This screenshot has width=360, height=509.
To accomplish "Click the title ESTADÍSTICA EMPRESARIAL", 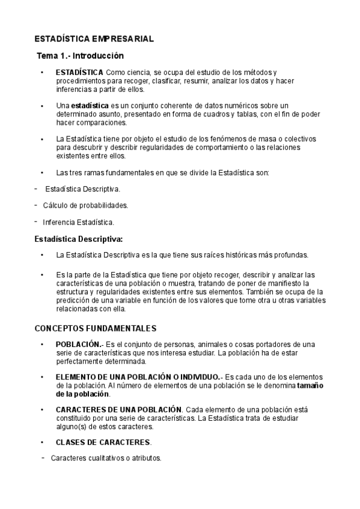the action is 94,39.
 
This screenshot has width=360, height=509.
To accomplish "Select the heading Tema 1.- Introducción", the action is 80,56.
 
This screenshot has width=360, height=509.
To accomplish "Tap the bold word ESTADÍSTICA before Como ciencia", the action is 79,73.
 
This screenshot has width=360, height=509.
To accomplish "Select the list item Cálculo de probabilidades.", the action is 85,205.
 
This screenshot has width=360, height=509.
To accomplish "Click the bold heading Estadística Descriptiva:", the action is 79,238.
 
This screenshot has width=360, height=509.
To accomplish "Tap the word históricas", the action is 237,254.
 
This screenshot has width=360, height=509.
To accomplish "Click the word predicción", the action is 75,301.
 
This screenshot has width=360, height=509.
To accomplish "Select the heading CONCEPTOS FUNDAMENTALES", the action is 96,328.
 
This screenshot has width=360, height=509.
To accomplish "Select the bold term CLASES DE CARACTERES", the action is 103,442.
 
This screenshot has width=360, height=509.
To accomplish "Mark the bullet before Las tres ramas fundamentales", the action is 41,172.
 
